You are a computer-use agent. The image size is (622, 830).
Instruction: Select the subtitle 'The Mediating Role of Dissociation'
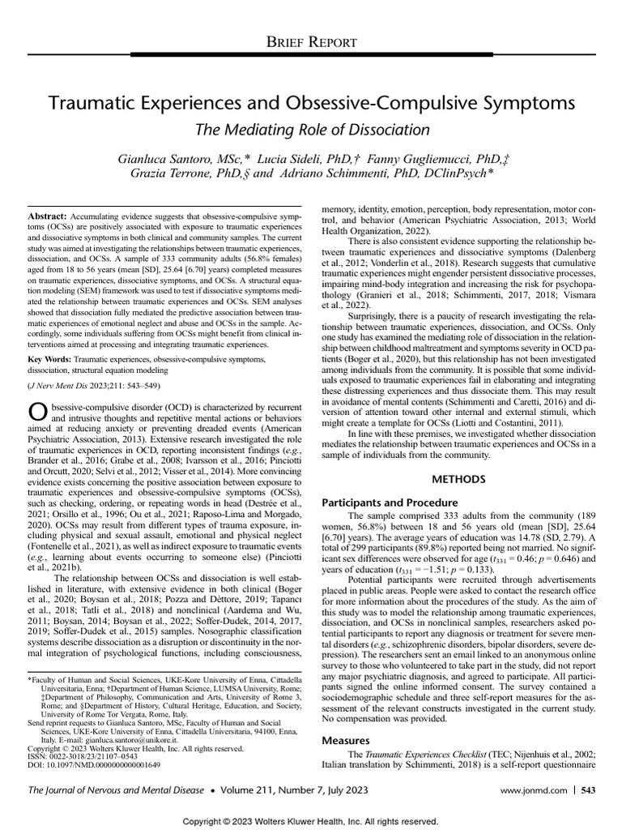(x=310, y=129)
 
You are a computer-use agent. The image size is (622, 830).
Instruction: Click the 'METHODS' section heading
(x=462, y=479)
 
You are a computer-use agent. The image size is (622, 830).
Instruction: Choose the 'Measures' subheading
(x=347, y=740)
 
